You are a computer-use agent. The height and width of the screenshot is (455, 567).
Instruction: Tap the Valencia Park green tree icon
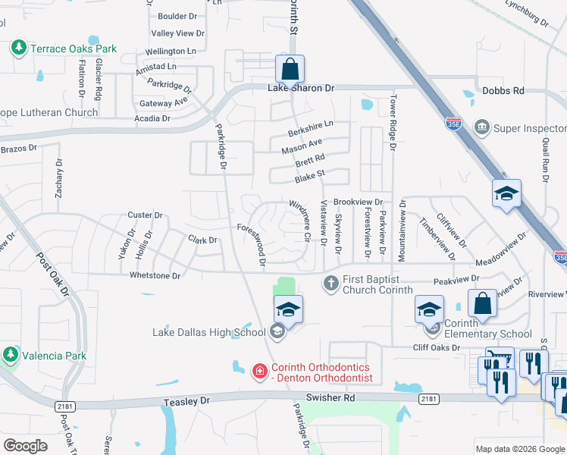11,355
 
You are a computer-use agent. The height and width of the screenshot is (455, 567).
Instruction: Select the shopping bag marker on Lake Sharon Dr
290,69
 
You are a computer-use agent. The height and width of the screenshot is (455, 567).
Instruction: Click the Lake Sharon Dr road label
301,89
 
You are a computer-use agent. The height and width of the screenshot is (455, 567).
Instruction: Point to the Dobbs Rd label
503,90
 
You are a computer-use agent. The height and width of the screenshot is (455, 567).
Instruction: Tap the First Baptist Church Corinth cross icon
330,284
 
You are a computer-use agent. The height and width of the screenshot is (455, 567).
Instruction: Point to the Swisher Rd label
330,397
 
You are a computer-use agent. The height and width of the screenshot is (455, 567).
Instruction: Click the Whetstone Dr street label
155,275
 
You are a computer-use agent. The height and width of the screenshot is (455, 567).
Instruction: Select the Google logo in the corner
26,446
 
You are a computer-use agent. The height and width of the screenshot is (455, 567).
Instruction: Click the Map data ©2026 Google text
519,449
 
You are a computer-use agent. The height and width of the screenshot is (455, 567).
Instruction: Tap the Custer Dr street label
146,215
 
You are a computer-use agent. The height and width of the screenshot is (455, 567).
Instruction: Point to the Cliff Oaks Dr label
436,347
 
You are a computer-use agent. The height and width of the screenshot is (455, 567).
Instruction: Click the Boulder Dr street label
177,16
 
